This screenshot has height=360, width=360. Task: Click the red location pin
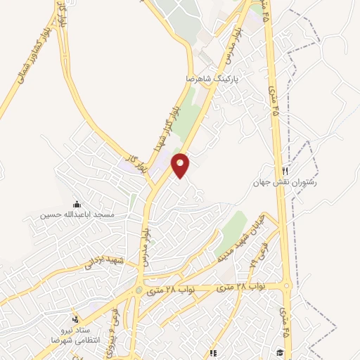181,165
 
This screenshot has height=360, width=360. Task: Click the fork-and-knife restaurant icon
285,171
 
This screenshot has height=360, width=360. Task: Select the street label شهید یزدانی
103,263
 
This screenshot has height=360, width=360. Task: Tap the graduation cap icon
279,352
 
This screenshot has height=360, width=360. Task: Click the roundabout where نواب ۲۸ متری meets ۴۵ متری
287,286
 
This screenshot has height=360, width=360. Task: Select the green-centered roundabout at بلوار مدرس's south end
139,289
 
